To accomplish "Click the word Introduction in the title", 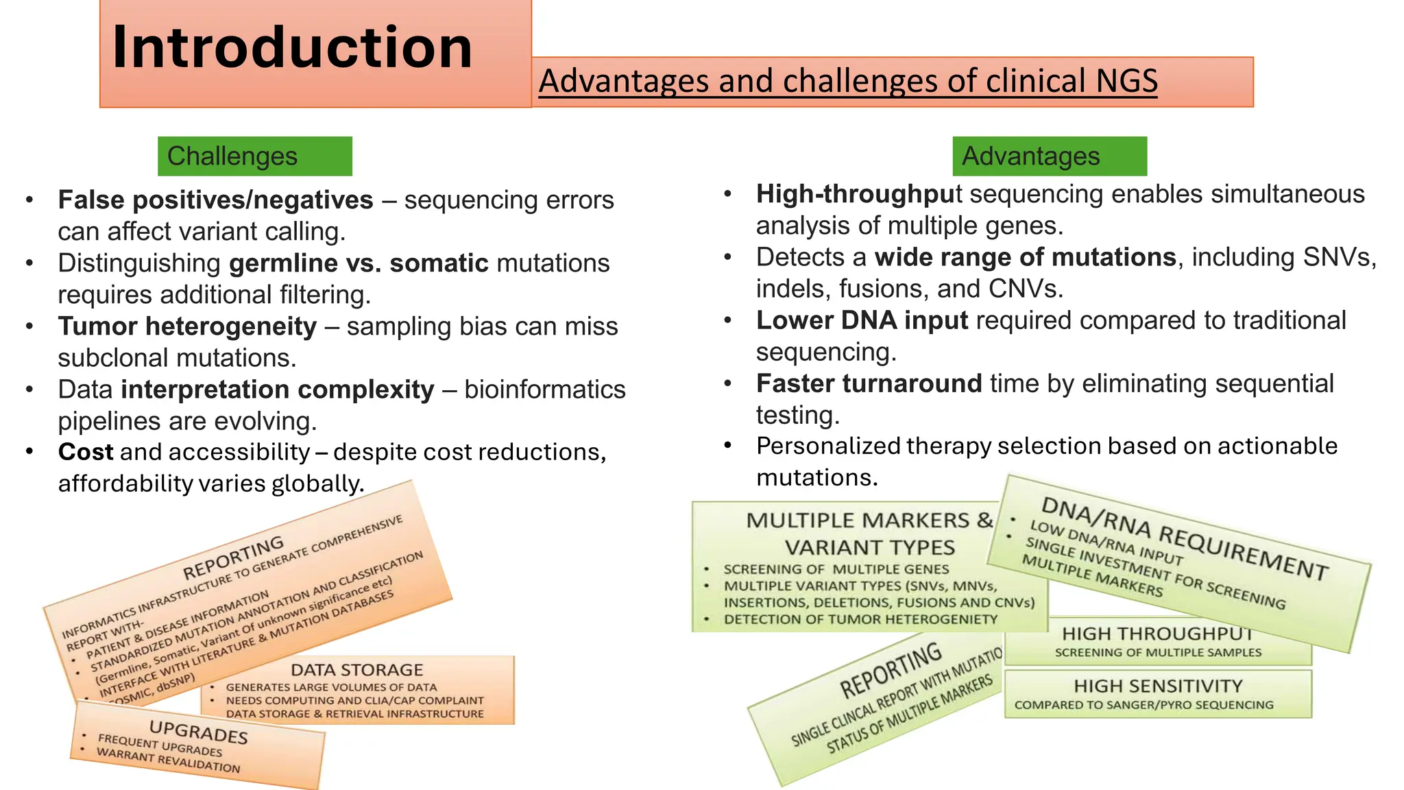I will click(292, 48).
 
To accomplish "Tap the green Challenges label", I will click(232, 156).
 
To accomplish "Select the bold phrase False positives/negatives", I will click(215, 200).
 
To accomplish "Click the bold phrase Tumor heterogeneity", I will click(187, 326).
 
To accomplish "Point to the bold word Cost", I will click(86, 453).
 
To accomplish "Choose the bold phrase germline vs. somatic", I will click(359, 263).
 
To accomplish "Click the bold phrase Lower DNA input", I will click(862, 321).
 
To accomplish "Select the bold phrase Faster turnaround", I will click(869, 384).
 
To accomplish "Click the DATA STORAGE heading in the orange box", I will click(356, 670).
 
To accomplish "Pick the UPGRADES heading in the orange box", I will click(198, 732).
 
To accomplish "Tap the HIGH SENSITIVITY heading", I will click(1157, 686).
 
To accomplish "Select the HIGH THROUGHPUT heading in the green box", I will click(1157, 634).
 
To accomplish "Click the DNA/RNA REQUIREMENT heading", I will click(1184, 538).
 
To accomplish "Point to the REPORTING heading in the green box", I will click(891, 669).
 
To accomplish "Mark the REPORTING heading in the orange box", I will click(233, 558).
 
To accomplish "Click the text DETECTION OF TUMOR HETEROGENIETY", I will click(860, 619).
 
